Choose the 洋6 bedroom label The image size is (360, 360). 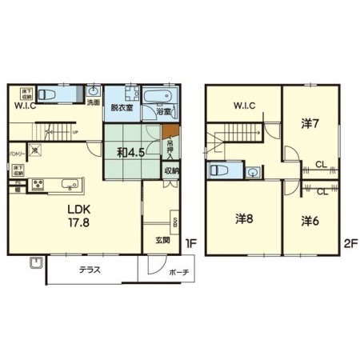(x=311, y=221)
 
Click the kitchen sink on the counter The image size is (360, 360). (x=68, y=184)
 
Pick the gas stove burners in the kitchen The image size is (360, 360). (x=35, y=186)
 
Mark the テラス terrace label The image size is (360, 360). (x=89, y=270)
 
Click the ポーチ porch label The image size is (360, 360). (x=178, y=272)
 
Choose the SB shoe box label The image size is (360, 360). (x=174, y=220)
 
